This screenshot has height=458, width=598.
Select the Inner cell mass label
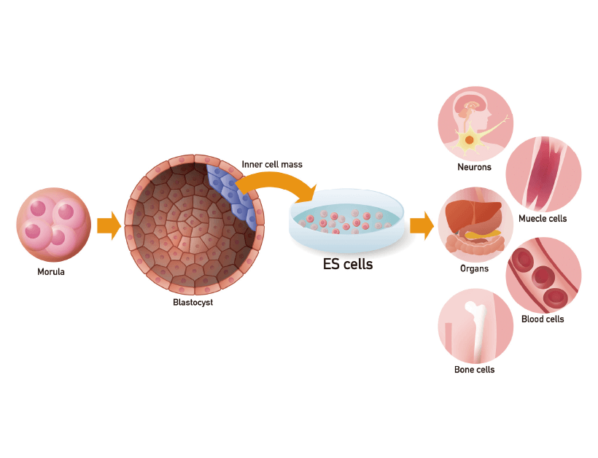[272, 164]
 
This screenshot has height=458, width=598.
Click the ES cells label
[348, 265]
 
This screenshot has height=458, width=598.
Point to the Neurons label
[474, 167]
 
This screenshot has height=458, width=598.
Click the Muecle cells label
[543, 219]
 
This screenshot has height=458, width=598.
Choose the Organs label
[474, 268]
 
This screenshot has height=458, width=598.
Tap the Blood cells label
[543, 319]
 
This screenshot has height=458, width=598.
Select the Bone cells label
[474, 370]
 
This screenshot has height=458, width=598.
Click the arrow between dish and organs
[422, 225]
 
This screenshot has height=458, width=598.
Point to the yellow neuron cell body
[470, 139]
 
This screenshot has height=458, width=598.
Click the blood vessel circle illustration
[543, 276]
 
